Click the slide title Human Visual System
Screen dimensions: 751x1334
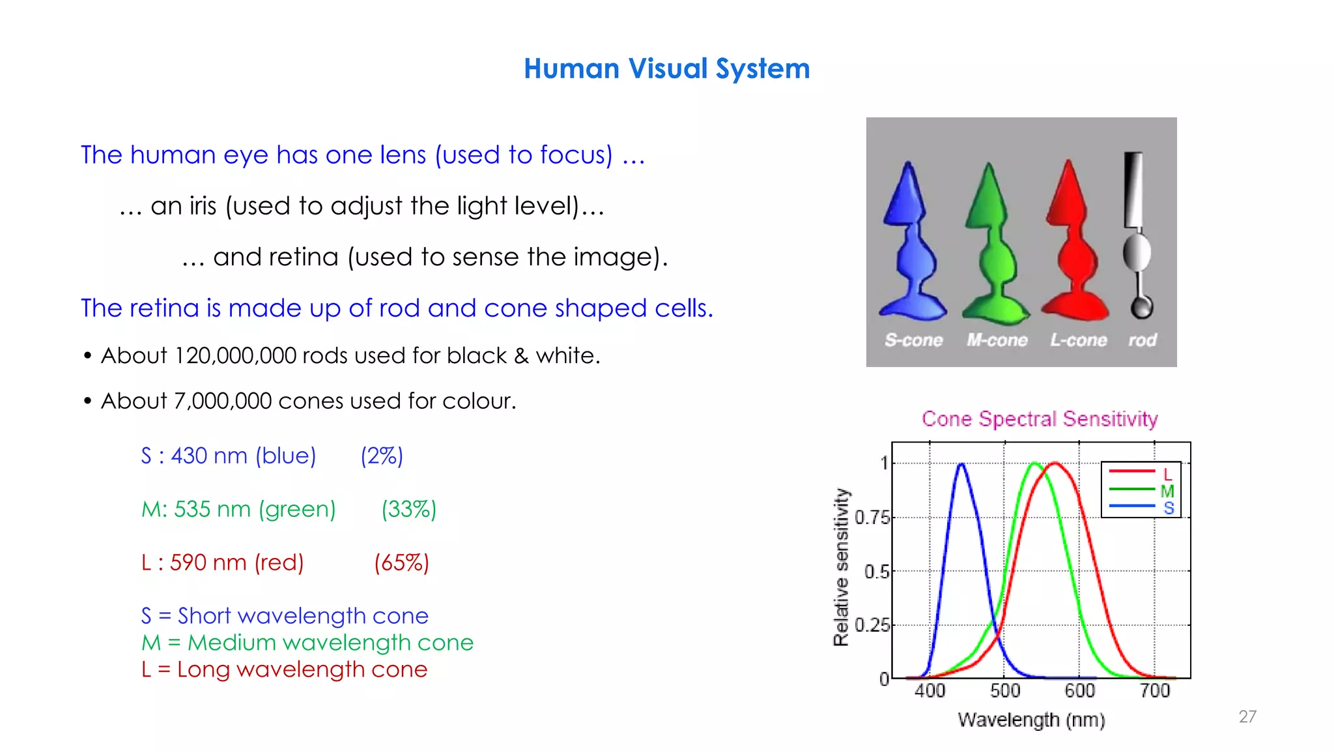[x=666, y=68]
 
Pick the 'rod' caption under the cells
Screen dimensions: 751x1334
[x=1142, y=340]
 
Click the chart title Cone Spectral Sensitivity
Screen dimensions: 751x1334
[x=1040, y=419]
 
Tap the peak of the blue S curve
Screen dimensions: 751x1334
[x=961, y=464]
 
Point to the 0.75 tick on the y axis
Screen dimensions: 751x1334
[x=872, y=518]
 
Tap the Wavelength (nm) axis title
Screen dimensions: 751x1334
[x=1031, y=720]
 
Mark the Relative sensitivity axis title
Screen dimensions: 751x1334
[x=842, y=567]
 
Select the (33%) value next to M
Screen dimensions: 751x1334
[x=408, y=509]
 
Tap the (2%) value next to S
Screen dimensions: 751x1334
[x=382, y=456]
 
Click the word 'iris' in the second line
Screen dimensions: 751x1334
[x=202, y=206]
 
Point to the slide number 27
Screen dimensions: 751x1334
[x=1247, y=716]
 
